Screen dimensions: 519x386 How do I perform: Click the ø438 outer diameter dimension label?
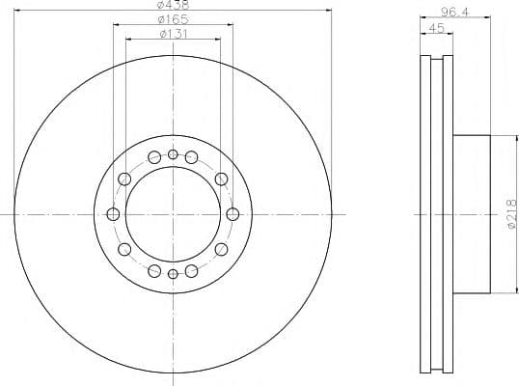click(173, 5)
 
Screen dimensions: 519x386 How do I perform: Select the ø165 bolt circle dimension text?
click(173, 19)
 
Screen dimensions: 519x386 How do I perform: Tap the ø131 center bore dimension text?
click(174, 34)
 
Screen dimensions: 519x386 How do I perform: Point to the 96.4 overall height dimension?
click(455, 12)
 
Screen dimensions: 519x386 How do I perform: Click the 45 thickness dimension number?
click(437, 28)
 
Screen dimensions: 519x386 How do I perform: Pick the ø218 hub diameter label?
click(511, 214)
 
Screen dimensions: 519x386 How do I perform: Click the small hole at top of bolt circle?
click(173, 154)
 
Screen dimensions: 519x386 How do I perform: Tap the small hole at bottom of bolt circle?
click(173, 274)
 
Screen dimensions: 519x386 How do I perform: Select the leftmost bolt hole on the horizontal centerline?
click(113, 214)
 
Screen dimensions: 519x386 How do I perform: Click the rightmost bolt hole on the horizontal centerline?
click(232, 214)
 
